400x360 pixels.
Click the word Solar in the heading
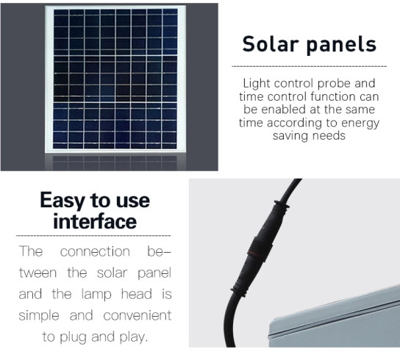pos(271,44)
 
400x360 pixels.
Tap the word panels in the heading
pos(341,44)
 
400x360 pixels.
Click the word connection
pos(94,252)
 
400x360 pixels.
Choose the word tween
pos(37,273)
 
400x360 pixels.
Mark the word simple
pos(41,316)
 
